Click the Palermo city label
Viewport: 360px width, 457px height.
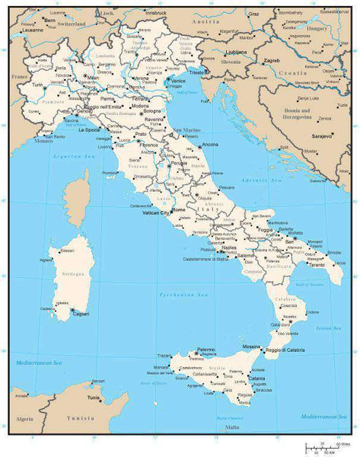pos(206,350)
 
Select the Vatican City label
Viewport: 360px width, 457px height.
pos(155,213)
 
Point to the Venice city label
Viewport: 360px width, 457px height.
pos(178,81)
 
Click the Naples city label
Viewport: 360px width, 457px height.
pos(229,248)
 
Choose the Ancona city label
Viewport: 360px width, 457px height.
pos(210,144)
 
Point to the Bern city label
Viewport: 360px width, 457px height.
pos(49,21)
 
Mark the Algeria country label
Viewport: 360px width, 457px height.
pos(25,419)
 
